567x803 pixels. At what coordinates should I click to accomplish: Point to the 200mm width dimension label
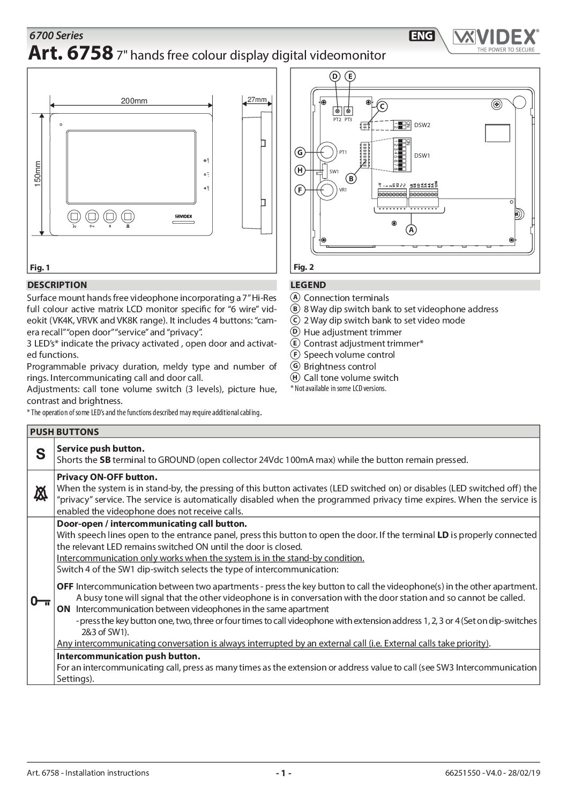point(134,101)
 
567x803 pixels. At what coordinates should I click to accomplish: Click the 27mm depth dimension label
point(257,100)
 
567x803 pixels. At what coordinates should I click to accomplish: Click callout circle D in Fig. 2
point(335,77)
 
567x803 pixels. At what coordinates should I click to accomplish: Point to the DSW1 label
point(422,156)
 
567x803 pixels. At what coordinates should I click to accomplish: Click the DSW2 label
point(422,125)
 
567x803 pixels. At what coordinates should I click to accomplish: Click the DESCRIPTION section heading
point(57,285)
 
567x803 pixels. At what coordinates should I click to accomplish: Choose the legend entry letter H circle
point(294,378)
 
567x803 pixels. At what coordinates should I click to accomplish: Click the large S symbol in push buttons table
point(41,454)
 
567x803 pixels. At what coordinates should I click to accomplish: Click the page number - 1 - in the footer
point(283,773)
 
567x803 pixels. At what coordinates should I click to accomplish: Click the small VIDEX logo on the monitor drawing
point(184,216)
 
